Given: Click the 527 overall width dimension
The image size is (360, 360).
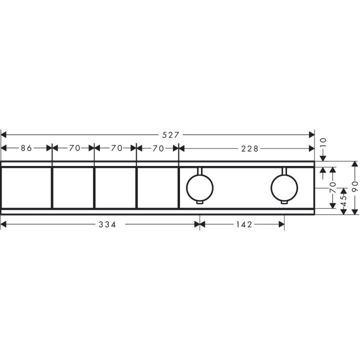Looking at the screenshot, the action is (x=170, y=135).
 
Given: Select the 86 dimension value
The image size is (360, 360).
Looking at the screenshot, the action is (x=26, y=148).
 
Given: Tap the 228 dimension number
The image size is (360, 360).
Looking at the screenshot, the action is (x=249, y=149).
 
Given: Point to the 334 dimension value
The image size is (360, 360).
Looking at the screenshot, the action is (x=107, y=224).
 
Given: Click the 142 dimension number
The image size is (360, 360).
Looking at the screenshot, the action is (x=244, y=224).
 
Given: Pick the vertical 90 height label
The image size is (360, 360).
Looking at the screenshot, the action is (x=355, y=186).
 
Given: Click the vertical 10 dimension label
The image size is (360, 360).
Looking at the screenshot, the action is (x=323, y=143).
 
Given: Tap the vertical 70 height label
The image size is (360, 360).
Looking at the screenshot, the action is (x=332, y=187).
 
